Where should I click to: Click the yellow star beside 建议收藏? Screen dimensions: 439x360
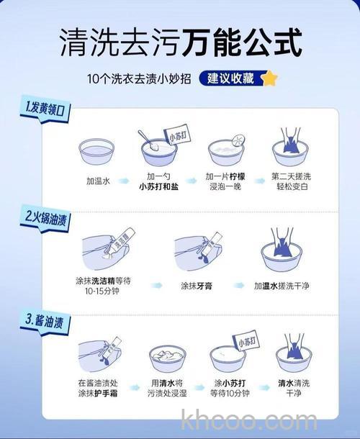(x=269, y=78)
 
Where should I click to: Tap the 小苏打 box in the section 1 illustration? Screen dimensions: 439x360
(x=177, y=136)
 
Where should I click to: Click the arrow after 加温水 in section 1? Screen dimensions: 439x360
(x=124, y=182)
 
